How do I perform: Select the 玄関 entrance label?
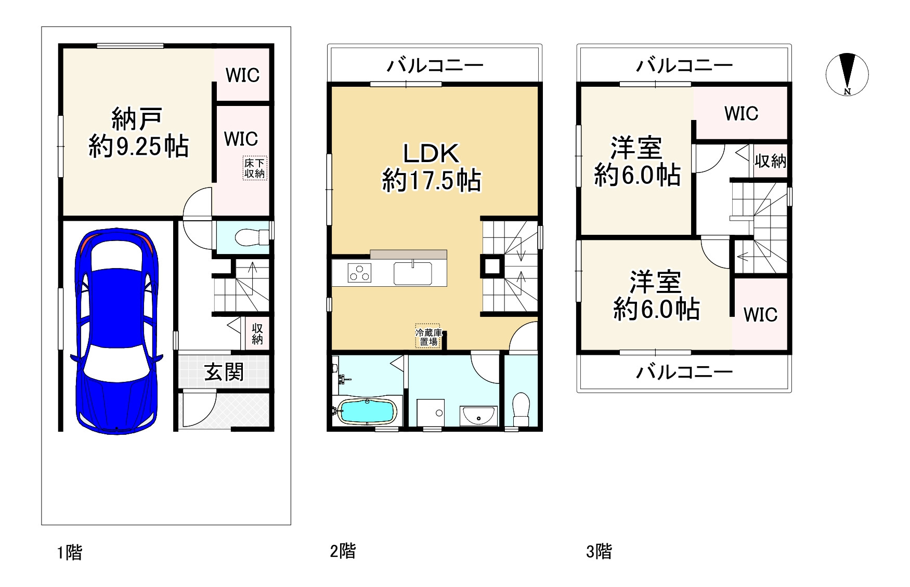224,372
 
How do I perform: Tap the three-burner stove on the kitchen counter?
359,273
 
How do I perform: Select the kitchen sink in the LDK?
412,273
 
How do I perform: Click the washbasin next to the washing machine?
478,415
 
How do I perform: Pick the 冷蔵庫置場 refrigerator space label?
428,337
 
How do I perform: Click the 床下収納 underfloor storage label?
255,169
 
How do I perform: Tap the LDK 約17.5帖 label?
431,167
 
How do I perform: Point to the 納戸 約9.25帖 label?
138,132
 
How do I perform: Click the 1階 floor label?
70,552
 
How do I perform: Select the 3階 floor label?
599,551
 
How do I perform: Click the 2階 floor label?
343,551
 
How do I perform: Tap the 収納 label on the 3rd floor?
770,161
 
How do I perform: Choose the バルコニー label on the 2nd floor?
435,65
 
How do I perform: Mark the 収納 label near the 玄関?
257,333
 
